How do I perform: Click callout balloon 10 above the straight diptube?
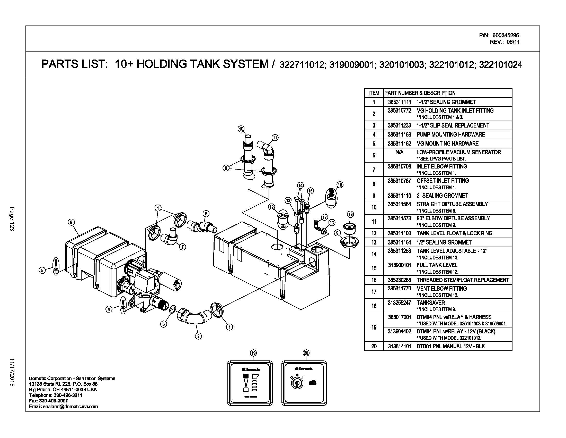(x=241, y=129)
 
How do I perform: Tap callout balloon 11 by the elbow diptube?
(x=275, y=138)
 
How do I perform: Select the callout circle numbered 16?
(x=340, y=185)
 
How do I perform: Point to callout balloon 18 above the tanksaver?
(x=350, y=214)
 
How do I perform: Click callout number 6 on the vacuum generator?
(x=71, y=222)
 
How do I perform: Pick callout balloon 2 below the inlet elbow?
(x=198, y=336)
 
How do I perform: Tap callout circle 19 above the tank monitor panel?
(x=253, y=353)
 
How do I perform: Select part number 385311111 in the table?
(x=399, y=102)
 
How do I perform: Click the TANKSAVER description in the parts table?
(x=427, y=303)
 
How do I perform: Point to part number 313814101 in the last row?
(x=399, y=346)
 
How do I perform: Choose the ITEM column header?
(x=374, y=93)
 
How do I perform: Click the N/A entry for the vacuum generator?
(x=399, y=152)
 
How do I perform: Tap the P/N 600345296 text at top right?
(x=499, y=36)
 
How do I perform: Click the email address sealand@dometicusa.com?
(x=64, y=407)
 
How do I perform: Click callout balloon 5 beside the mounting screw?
(x=42, y=270)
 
